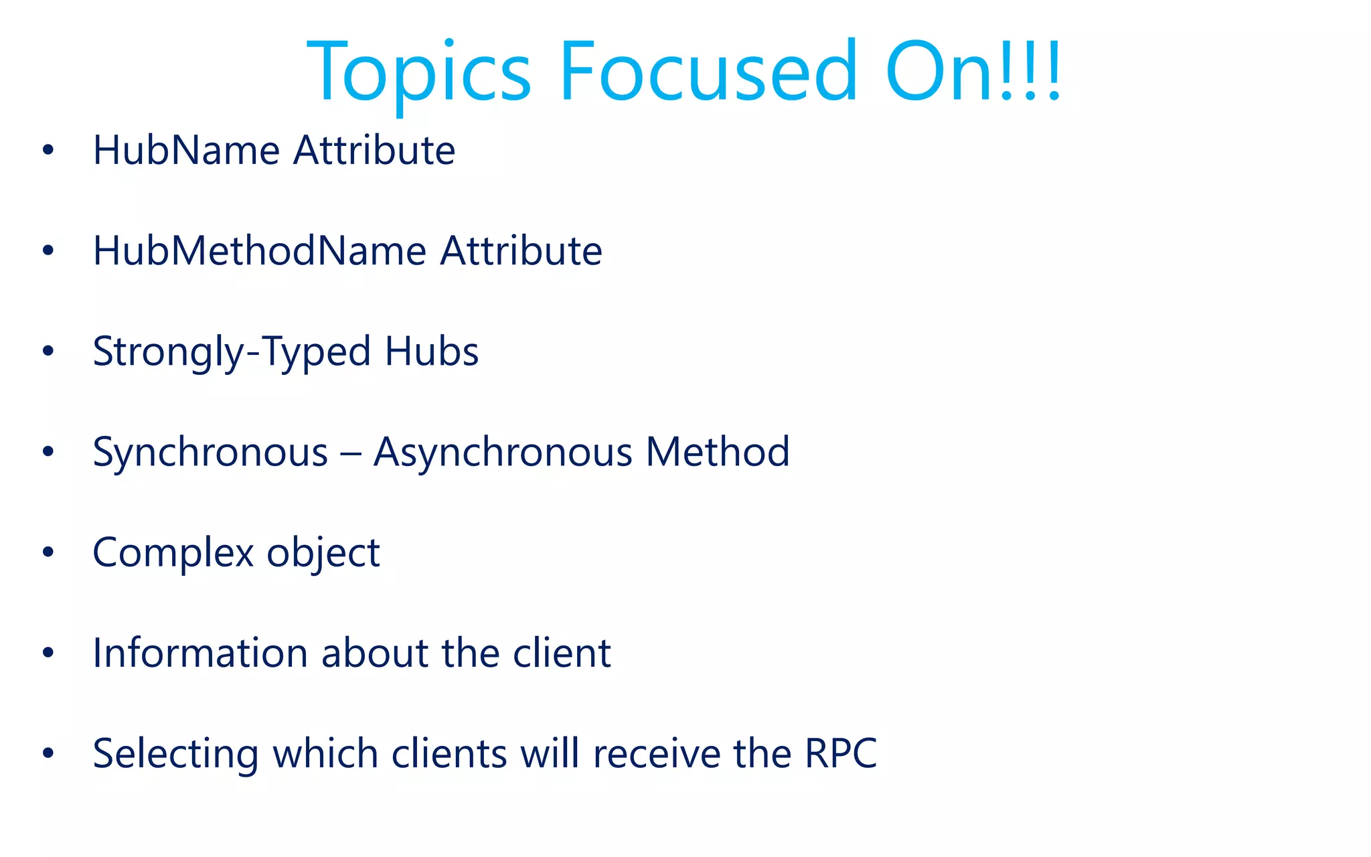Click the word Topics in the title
click(x=419, y=72)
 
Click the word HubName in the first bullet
click(x=186, y=150)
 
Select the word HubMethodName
click(x=260, y=251)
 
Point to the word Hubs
click(x=432, y=352)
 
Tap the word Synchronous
click(x=210, y=452)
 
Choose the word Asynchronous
click(x=503, y=452)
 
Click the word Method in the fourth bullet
click(x=718, y=452)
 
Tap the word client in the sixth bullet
click(x=562, y=653)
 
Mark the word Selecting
click(x=175, y=755)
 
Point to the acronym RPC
click(x=840, y=754)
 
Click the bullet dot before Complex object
click(x=48, y=552)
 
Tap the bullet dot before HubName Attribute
click(x=48, y=150)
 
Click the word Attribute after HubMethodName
click(x=521, y=251)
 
